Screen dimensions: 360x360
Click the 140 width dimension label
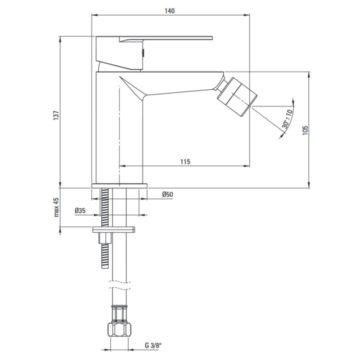pos(169,11)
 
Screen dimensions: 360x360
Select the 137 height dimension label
pos(56,115)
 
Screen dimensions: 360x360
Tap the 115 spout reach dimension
pos(185,161)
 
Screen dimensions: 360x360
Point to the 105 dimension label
pos(305,130)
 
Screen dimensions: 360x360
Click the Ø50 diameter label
pos(167,194)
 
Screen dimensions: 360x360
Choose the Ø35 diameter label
pos(80,210)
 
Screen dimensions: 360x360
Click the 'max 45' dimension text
pos(56,207)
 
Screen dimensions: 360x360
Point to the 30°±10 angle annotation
pos(287,119)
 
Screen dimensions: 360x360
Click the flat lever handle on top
pos(166,38)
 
